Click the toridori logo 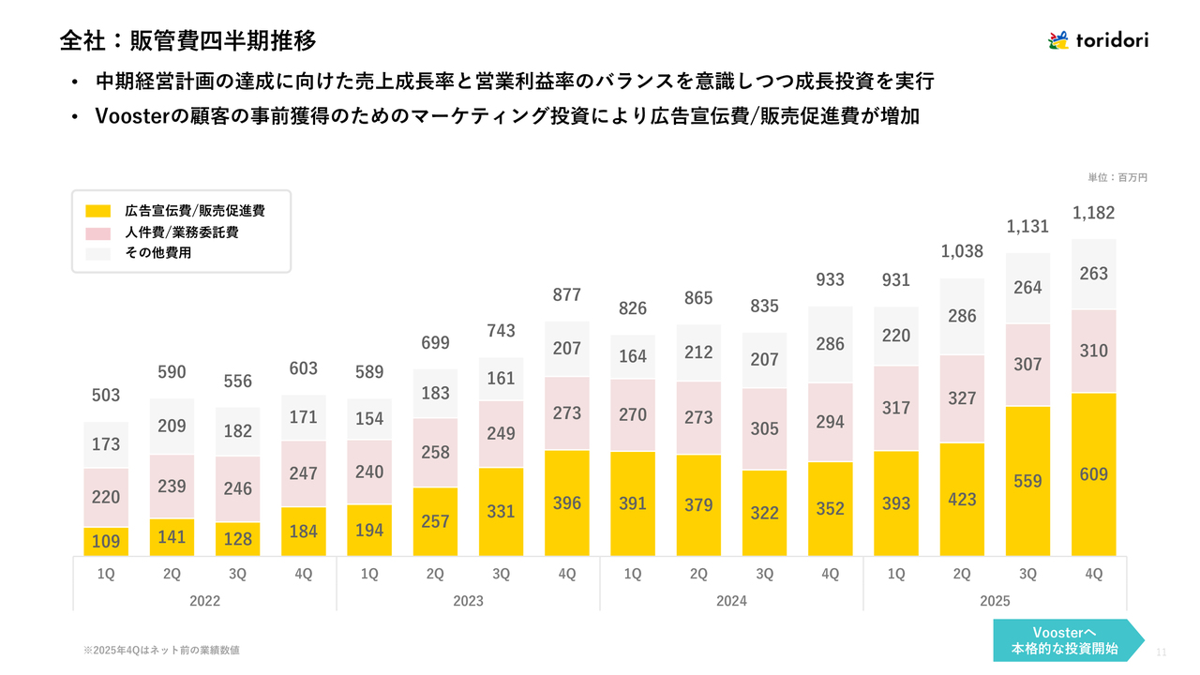tap(1097, 39)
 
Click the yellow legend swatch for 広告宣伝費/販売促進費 tap(97, 211)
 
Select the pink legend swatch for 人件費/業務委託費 tap(97, 232)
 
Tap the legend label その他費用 tap(158, 253)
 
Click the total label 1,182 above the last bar tap(1093, 213)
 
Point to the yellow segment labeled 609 tap(1093, 474)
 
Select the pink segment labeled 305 tap(764, 428)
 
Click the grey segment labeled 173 tap(106, 444)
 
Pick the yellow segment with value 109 tap(106, 541)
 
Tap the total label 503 tap(106, 396)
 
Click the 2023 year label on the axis tap(468, 601)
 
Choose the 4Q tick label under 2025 tap(1093, 575)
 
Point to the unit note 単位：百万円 tap(1117, 177)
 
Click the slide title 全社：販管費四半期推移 tap(187, 40)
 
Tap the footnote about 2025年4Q tap(168, 650)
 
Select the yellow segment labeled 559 tap(1027, 481)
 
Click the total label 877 tap(566, 294)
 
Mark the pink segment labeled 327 tap(962, 398)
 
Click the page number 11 tap(1162, 652)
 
